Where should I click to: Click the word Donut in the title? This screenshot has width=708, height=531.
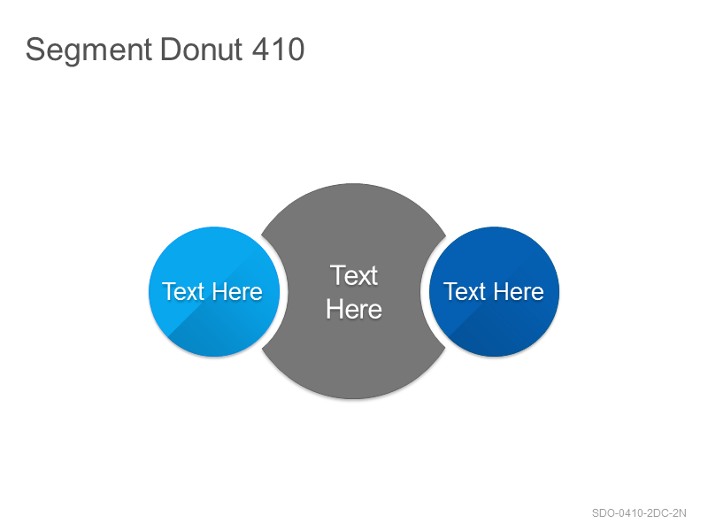coord(202,49)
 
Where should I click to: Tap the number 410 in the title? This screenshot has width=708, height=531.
coord(278,49)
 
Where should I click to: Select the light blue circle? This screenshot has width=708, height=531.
coord(214,292)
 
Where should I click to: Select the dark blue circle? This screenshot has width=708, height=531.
coord(494,292)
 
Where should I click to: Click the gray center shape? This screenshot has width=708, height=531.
coord(354,291)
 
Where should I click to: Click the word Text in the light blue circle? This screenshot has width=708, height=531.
coord(183,291)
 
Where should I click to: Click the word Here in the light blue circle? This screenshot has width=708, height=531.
coord(237,292)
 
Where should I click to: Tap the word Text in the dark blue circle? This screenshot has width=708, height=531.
coord(465,291)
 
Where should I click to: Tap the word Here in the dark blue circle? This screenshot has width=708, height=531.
coord(519,292)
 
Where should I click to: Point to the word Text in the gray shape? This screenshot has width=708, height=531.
coord(353,275)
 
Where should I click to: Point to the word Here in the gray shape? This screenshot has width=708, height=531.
coord(354,309)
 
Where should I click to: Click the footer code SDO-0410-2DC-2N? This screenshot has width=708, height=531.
coord(639,513)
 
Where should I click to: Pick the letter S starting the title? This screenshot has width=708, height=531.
coord(35,49)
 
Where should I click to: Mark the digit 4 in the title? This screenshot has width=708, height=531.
coord(260,49)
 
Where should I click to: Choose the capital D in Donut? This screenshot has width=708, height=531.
coord(170,49)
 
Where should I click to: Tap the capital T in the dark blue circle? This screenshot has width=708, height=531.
coord(450,291)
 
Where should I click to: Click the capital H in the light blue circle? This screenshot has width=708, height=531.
coord(219,291)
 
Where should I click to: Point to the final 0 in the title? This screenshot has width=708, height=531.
coord(296,49)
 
